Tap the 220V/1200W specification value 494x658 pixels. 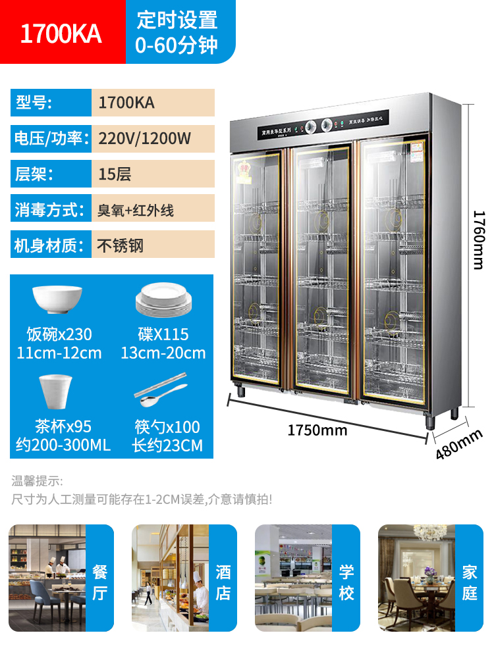(144, 138)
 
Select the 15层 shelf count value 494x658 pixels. (115, 174)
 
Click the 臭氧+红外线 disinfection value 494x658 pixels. (136, 211)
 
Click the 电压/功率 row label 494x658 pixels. (49, 138)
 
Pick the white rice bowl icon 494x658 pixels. (57, 300)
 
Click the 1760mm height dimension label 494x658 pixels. (479, 240)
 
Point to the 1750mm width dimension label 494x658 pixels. (317, 430)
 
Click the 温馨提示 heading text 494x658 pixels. (37, 481)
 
